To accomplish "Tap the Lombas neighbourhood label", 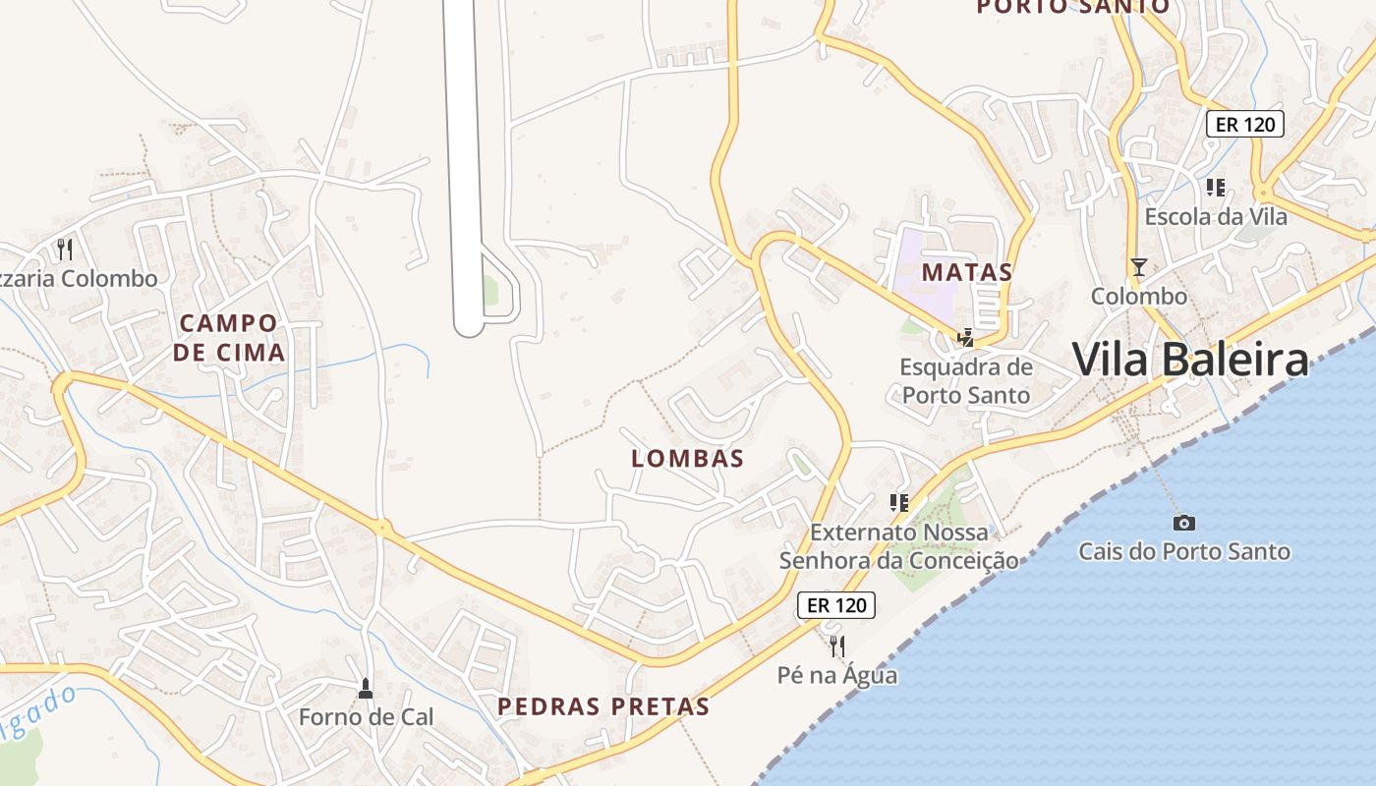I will pos(687,458).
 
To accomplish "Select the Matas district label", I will pos(966,272).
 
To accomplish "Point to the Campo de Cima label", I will pos(230,337).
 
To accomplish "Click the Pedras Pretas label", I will pos(603,706).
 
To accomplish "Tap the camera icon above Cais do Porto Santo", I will pos(1184,523).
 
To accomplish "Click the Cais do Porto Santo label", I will pos(1184,551).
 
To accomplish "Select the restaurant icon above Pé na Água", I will pos(837,646).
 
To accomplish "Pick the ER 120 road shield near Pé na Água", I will pos(836,605).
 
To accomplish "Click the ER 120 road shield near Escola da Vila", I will pos(1245,124).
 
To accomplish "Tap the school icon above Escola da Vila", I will pos(1216,187).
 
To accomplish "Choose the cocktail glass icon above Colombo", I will pos(1139,266).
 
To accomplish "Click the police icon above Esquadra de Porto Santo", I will pos(965,338).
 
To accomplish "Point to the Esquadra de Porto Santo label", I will pos(966,381).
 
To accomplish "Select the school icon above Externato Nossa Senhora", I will pos(898,503).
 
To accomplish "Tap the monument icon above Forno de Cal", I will pos(366,689).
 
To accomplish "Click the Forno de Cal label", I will pos(366,717).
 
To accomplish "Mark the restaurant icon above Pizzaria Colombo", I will pos(65,249).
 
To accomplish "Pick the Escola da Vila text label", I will pos(1216,216).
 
